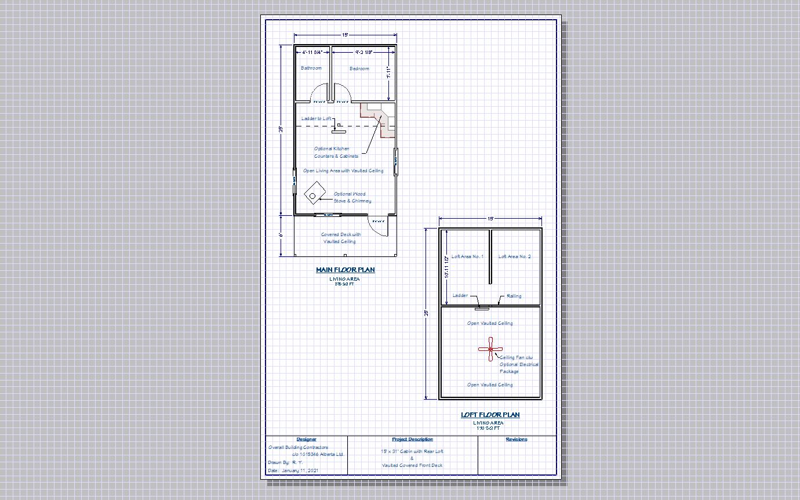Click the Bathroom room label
pos(311,68)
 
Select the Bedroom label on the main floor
pos(359,69)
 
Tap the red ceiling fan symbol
pos(490,349)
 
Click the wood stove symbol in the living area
pos(314,193)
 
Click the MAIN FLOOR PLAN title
pos(345,270)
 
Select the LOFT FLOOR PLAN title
pos(490,415)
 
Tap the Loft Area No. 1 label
pos(467,256)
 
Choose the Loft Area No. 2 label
pos(514,256)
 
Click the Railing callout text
pos(514,296)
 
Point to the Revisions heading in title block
pos(516,439)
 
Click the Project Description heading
pos(412,439)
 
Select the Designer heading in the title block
pos(306,439)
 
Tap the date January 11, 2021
pos(293,470)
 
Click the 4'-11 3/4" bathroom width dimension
pos(312,52)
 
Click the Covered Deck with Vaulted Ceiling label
pos(340,238)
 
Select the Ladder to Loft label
pos(317,119)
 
